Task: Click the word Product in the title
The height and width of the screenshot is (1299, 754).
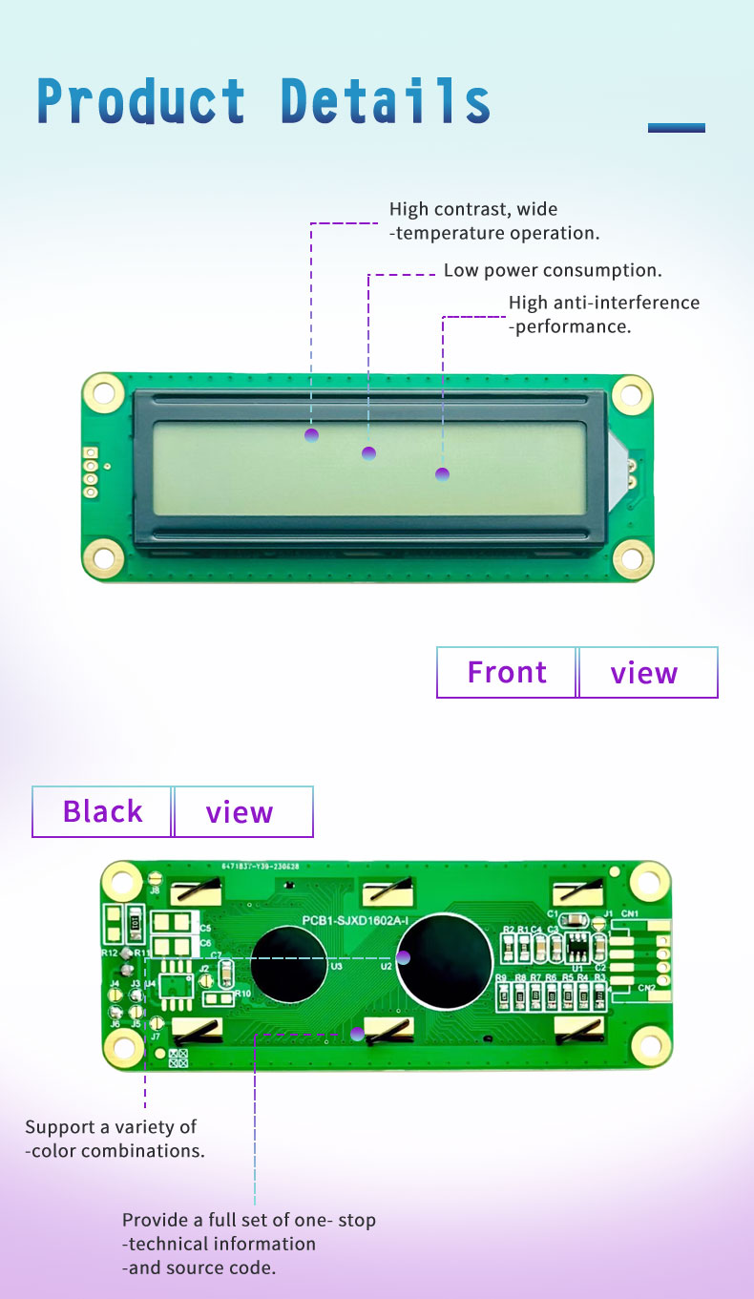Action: click(x=141, y=101)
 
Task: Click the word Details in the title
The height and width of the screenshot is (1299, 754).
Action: click(x=386, y=101)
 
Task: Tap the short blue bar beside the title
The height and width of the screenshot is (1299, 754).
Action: click(x=676, y=127)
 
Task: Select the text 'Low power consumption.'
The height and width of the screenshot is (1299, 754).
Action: click(x=553, y=271)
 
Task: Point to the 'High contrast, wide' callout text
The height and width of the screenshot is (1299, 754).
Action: click(x=472, y=209)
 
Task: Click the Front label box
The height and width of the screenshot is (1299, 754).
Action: click(x=507, y=673)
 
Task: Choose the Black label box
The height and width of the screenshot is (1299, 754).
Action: click(x=102, y=812)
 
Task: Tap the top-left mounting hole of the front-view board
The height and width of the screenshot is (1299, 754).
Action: click(x=102, y=392)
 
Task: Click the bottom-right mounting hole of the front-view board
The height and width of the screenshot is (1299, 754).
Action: click(x=632, y=558)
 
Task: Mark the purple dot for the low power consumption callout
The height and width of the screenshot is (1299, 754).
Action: click(x=368, y=452)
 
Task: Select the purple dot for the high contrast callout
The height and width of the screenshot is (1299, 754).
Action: click(x=311, y=435)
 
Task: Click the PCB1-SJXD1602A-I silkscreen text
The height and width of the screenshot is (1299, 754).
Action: click(x=355, y=920)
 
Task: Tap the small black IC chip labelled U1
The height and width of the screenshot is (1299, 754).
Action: click(x=577, y=948)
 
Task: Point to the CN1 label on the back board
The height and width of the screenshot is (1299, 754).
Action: click(x=630, y=914)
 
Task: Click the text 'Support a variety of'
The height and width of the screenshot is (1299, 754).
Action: click(x=111, y=1127)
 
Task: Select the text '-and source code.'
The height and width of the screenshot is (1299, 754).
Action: click(x=199, y=1268)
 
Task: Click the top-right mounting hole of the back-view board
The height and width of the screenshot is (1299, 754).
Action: click(x=649, y=880)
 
